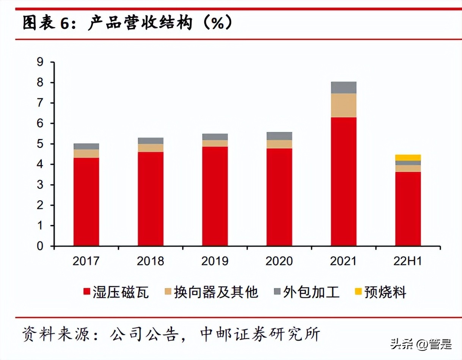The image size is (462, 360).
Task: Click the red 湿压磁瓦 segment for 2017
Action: (86, 202)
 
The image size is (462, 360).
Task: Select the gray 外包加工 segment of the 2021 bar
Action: (343, 88)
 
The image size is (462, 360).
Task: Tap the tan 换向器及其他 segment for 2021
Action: (343, 105)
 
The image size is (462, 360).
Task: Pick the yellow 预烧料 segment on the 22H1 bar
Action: (408, 158)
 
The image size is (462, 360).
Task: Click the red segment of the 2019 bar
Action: (215, 196)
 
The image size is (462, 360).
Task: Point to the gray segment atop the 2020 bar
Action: (279, 136)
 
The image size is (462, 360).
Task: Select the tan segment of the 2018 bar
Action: (151, 148)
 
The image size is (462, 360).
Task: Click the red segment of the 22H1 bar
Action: (408, 209)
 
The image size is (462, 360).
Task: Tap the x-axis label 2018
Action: (151, 261)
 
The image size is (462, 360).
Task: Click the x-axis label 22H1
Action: (408, 261)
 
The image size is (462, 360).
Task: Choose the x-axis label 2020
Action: (279, 261)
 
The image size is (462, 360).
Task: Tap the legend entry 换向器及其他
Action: (216, 292)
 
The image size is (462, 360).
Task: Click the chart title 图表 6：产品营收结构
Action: (127, 23)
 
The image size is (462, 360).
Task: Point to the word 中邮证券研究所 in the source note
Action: (259, 335)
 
